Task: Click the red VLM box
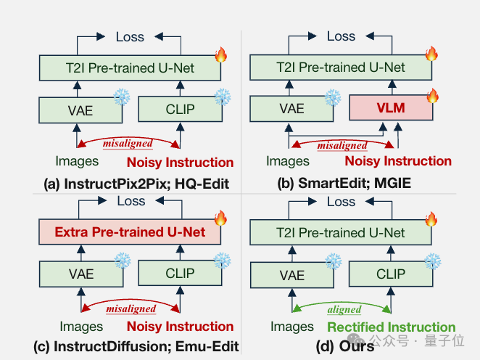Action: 391,107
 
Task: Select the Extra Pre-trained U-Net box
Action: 130,232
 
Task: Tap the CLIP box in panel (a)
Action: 181,109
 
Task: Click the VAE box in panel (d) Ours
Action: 292,275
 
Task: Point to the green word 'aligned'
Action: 344,309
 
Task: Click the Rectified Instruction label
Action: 392,327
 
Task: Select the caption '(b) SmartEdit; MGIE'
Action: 344,183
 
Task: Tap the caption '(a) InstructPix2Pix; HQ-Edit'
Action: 136,184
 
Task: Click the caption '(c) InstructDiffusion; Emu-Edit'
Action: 136,346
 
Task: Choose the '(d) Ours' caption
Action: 345,346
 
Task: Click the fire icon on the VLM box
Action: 433,96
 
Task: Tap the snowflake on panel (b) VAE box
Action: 333,97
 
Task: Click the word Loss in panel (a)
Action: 130,37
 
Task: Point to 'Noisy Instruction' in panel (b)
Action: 398,161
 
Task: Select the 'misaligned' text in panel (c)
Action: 131,308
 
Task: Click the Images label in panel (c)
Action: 81,327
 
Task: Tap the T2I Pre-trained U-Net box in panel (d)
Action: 341,232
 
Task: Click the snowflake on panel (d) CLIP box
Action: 433,261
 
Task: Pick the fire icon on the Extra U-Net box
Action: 220,218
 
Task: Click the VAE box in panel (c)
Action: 81,274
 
